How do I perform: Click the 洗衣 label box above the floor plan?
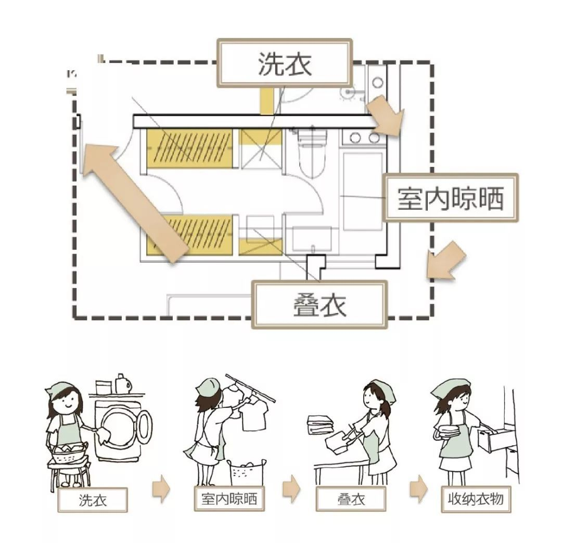tap(284, 63)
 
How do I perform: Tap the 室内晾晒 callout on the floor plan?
tap(451, 198)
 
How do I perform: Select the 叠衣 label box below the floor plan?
tap(320, 304)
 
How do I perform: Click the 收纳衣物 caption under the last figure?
tap(476, 499)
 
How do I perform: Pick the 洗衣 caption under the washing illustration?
tap(93, 500)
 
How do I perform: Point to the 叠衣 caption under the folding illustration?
tap(350, 500)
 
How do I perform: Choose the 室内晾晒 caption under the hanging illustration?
tap(229, 500)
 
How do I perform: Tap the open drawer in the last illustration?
tap(491, 439)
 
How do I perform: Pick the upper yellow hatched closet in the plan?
tap(189, 148)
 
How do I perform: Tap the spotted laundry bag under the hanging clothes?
tap(248, 471)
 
